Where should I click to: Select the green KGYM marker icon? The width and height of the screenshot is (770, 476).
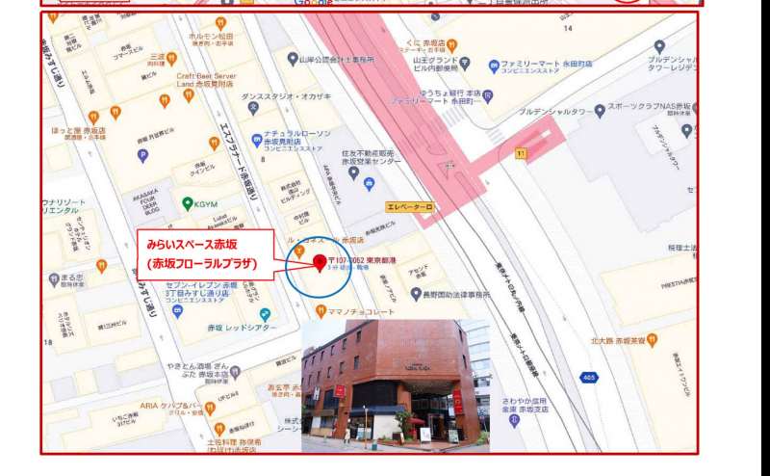[x=188, y=203]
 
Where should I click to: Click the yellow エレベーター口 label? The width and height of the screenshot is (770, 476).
[x=410, y=207]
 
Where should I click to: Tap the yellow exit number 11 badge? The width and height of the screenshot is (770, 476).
[x=521, y=152]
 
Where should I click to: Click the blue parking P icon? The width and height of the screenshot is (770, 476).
[x=143, y=153]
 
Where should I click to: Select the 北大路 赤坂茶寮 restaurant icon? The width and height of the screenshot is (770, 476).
[x=652, y=338]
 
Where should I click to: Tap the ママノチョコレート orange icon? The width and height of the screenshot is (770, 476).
[x=321, y=310]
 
